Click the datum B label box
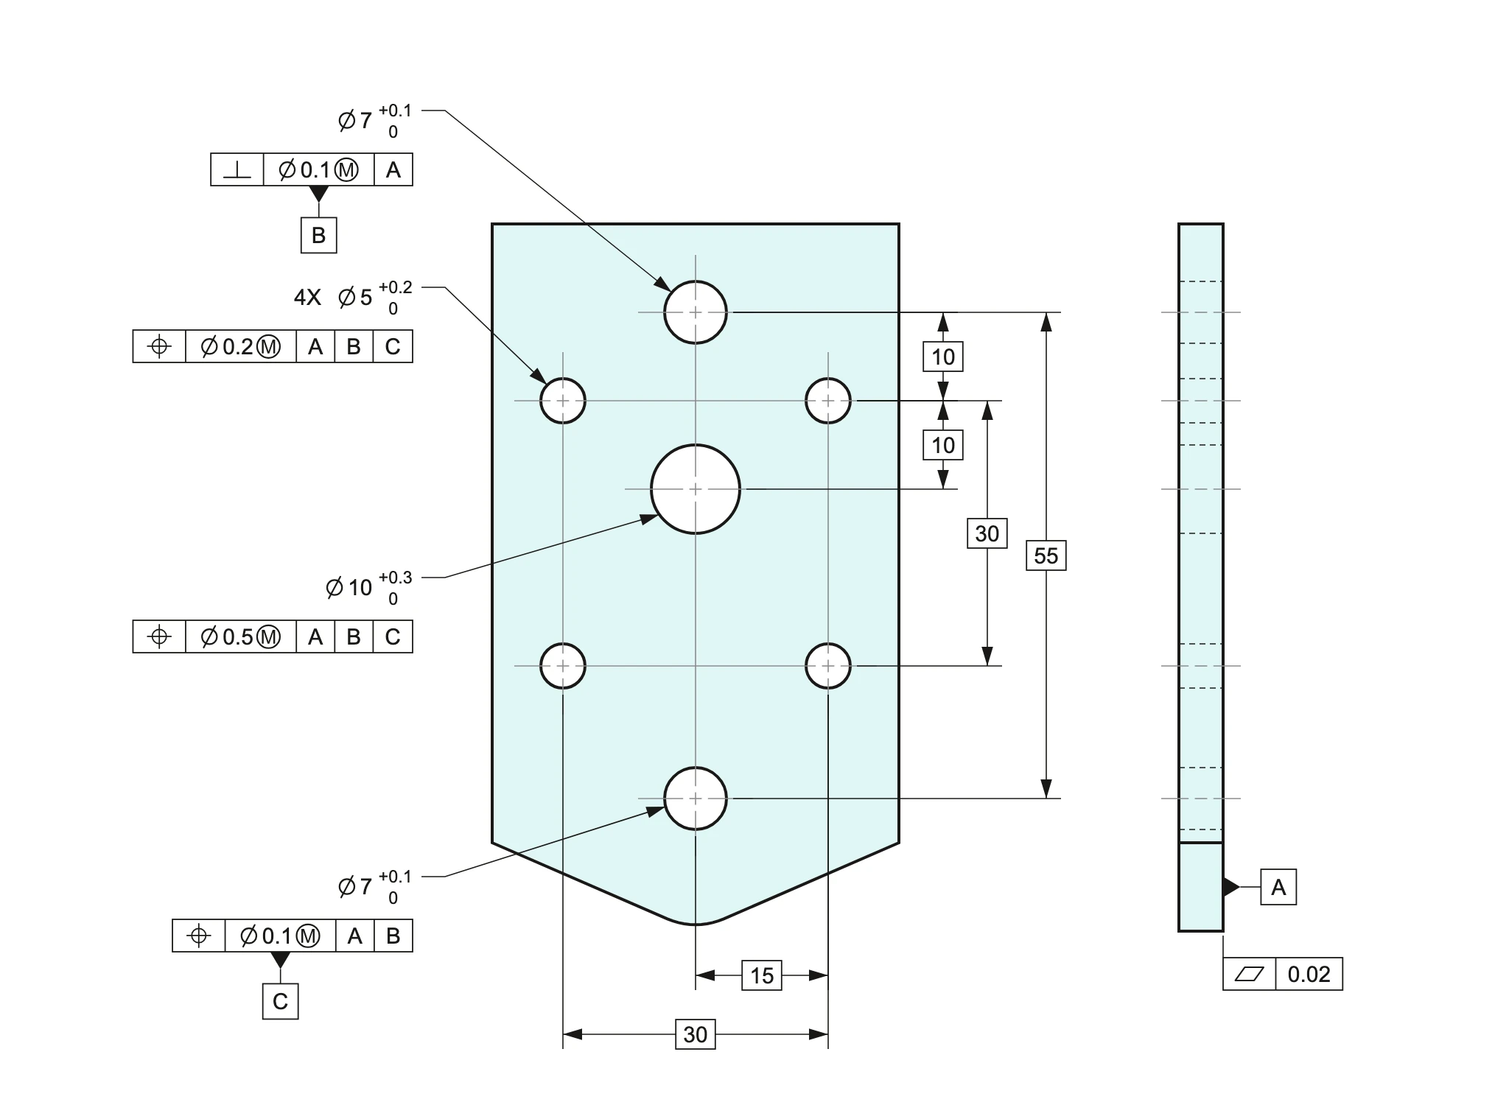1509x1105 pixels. pyautogui.click(x=318, y=235)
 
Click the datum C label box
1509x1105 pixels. pyautogui.click(x=280, y=1001)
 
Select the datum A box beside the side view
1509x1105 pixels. pyautogui.click(x=1278, y=887)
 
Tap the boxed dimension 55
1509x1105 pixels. pyautogui.click(x=1046, y=555)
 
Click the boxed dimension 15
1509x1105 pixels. pyautogui.click(x=762, y=975)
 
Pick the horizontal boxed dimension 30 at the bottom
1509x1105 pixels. pyautogui.click(x=696, y=1034)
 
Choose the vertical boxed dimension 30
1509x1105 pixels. pyautogui.click(x=987, y=533)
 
